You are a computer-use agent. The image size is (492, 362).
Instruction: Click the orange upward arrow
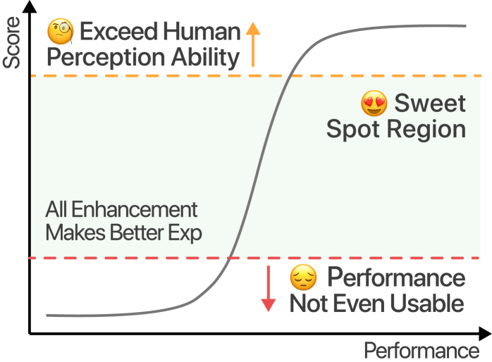click(x=253, y=43)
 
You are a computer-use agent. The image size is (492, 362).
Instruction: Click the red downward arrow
click(x=268, y=287)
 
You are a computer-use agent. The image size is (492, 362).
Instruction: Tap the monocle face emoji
click(x=61, y=32)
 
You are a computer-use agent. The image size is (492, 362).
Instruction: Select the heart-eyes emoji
click(x=374, y=104)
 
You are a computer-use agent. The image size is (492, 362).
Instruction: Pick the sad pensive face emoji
click(x=304, y=278)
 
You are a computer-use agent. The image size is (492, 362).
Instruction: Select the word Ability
click(x=205, y=58)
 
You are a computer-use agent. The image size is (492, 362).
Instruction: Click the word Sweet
click(x=430, y=104)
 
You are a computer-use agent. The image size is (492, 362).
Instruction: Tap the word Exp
click(x=186, y=233)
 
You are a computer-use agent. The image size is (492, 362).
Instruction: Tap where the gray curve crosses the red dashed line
click(x=230, y=258)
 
